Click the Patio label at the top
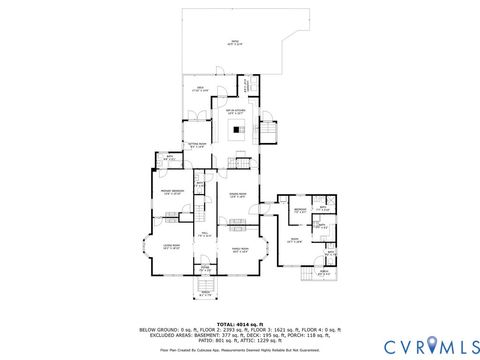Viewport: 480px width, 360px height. pyautogui.click(x=234, y=43)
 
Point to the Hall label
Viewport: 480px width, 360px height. pyautogui.click(x=205, y=236)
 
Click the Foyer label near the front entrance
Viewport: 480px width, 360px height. pyautogui.click(x=205, y=268)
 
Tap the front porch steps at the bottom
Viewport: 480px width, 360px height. pyautogui.click(x=205, y=290)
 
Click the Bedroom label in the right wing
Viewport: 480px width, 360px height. pyautogui.click(x=301, y=210)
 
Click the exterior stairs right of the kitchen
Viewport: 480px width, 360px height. pyautogui.click(x=268, y=133)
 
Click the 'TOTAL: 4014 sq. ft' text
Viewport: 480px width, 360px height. pyautogui.click(x=240, y=323)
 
